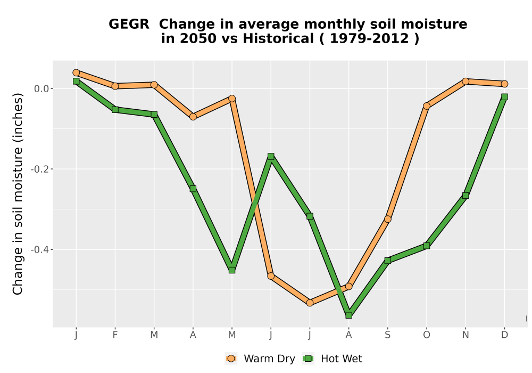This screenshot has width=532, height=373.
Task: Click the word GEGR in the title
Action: [x=129, y=25]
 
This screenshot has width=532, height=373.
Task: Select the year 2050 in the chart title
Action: [x=198, y=38]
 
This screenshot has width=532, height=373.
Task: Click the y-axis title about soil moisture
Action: [x=18, y=194]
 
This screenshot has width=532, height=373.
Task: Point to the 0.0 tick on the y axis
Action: [x=41, y=88]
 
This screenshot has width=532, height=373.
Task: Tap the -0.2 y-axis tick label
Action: [x=40, y=169]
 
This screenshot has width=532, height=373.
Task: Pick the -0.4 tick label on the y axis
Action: [x=40, y=250]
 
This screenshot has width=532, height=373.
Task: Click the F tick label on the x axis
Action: [x=115, y=335]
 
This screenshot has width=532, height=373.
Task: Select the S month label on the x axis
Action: [x=387, y=335]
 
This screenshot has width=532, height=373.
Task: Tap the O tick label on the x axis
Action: [x=427, y=335]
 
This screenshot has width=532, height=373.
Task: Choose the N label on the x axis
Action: [x=465, y=335]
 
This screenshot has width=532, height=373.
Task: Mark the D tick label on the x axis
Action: [x=504, y=335]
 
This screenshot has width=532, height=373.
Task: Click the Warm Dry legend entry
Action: [x=260, y=359]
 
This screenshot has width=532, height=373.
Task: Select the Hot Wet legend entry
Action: [x=332, y=359]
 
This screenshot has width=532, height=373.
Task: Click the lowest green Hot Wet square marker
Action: [x=349, y=315]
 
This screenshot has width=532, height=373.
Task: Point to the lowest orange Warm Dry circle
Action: [x=310, y=303]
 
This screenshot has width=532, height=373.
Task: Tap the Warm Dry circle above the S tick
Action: [x=387, y=219]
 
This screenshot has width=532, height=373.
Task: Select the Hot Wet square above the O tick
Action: [x=427, y=246]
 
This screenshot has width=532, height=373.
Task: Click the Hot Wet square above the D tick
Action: [x=504, y=97]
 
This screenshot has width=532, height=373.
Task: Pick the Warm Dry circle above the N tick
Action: [x=465, y=81]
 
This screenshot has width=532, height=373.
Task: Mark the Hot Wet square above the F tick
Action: [x=115, y=110]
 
